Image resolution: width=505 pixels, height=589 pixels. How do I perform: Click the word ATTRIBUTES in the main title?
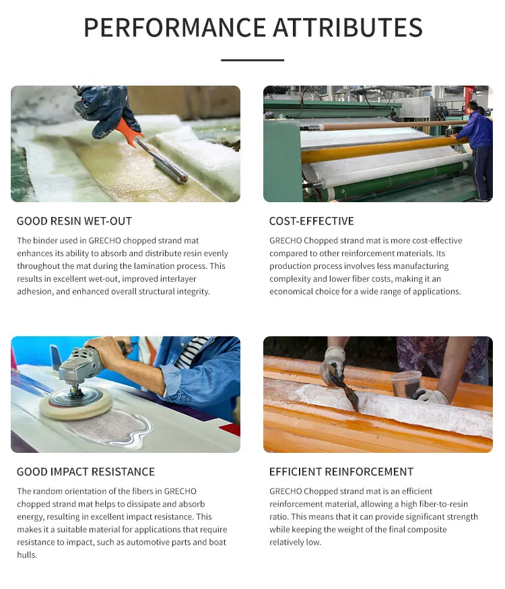click(347, 28)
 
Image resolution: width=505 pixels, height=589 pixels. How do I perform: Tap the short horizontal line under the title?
click(252, 60)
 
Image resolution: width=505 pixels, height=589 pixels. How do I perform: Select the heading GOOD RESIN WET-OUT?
click(74, 221)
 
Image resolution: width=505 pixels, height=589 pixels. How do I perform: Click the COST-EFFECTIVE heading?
click(311, 221)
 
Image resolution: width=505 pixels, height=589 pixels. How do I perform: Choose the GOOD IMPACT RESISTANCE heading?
click(86, 472)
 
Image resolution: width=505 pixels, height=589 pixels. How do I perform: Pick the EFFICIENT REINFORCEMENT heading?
click(341, 472)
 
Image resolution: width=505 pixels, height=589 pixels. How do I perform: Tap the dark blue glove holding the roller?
click(108, 108)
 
